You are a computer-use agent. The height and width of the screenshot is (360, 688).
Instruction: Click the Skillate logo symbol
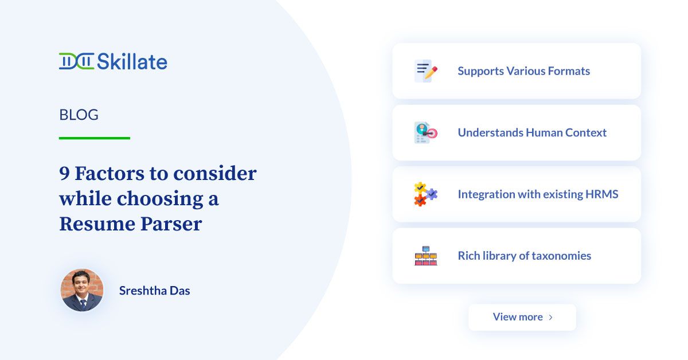(76, 61)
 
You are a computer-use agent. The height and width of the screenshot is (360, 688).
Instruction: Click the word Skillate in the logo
(132, 61)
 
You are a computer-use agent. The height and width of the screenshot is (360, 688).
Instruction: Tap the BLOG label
(79, 115)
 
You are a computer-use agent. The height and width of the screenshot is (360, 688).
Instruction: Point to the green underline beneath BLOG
(95, 138)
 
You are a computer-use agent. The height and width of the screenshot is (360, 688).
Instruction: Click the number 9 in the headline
(64, 173)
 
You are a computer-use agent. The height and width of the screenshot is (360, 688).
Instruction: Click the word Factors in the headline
(110, 173)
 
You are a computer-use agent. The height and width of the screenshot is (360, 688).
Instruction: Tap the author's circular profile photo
(82, 290)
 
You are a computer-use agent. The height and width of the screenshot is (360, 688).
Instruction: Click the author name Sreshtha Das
(154, 291)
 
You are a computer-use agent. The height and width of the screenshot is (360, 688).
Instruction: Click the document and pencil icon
(425, 71)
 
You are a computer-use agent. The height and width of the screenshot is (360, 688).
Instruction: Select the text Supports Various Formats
(523, 71)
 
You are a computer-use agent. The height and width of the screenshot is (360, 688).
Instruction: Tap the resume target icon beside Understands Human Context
(425, 132)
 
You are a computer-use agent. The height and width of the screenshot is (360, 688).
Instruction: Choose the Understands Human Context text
(532, 132)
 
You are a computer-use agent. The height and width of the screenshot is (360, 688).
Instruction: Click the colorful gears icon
(425, 194)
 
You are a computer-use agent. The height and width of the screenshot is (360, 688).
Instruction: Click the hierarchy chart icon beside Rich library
(425, 256)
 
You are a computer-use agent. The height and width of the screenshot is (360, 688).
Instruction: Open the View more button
(522, 317)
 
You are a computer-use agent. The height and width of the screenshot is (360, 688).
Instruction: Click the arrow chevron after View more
(551, 317)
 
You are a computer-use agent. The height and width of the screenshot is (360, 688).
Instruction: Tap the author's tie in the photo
(83, 304)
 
